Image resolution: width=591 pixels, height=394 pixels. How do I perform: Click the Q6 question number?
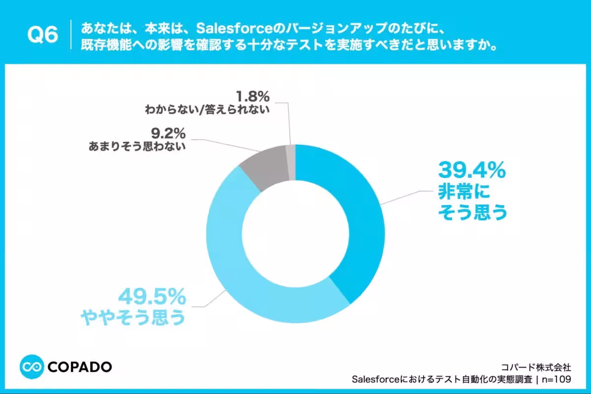coord(42,34)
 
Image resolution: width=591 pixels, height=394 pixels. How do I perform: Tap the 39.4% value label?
coord(472,170)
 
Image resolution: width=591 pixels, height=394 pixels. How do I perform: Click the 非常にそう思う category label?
coord(472,202)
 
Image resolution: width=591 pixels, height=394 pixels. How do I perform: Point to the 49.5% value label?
coord(152,297)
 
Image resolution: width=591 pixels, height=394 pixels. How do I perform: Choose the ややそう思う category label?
coord(133,317)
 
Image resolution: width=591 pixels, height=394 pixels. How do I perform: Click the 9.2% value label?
coord(168,133)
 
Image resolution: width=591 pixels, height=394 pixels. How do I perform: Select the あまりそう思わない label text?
coord(137,146)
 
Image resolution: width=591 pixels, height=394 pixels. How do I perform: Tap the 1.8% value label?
coord(253,97)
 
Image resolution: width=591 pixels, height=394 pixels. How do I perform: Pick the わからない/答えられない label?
coord(207,109)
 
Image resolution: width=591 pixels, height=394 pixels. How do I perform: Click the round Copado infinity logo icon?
coord(32,367)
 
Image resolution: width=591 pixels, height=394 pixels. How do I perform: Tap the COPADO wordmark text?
coord(80,367)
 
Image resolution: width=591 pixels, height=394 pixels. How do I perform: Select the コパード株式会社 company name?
coord(536,367)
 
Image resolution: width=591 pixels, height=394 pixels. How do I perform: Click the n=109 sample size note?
coord(557,380)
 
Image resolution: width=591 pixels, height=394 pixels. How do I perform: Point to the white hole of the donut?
coord(295,234)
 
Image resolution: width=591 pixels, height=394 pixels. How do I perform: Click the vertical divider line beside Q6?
coord(71,34)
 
